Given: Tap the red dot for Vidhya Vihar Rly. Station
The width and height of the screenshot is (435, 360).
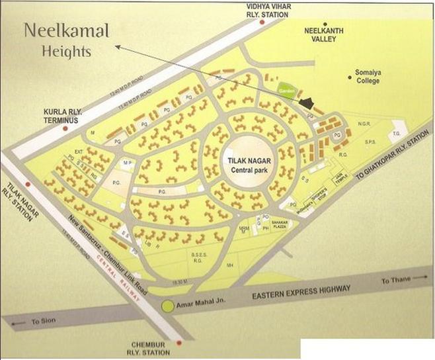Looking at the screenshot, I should [x=262, y=22].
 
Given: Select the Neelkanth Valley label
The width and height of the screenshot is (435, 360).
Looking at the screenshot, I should [x=320, y=35].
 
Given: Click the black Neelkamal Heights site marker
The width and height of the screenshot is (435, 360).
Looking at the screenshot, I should [x=306, y=103].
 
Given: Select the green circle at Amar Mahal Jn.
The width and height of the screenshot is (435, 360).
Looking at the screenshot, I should [x=168, y=306].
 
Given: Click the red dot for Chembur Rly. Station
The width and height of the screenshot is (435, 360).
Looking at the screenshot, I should [x=178, y=342].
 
